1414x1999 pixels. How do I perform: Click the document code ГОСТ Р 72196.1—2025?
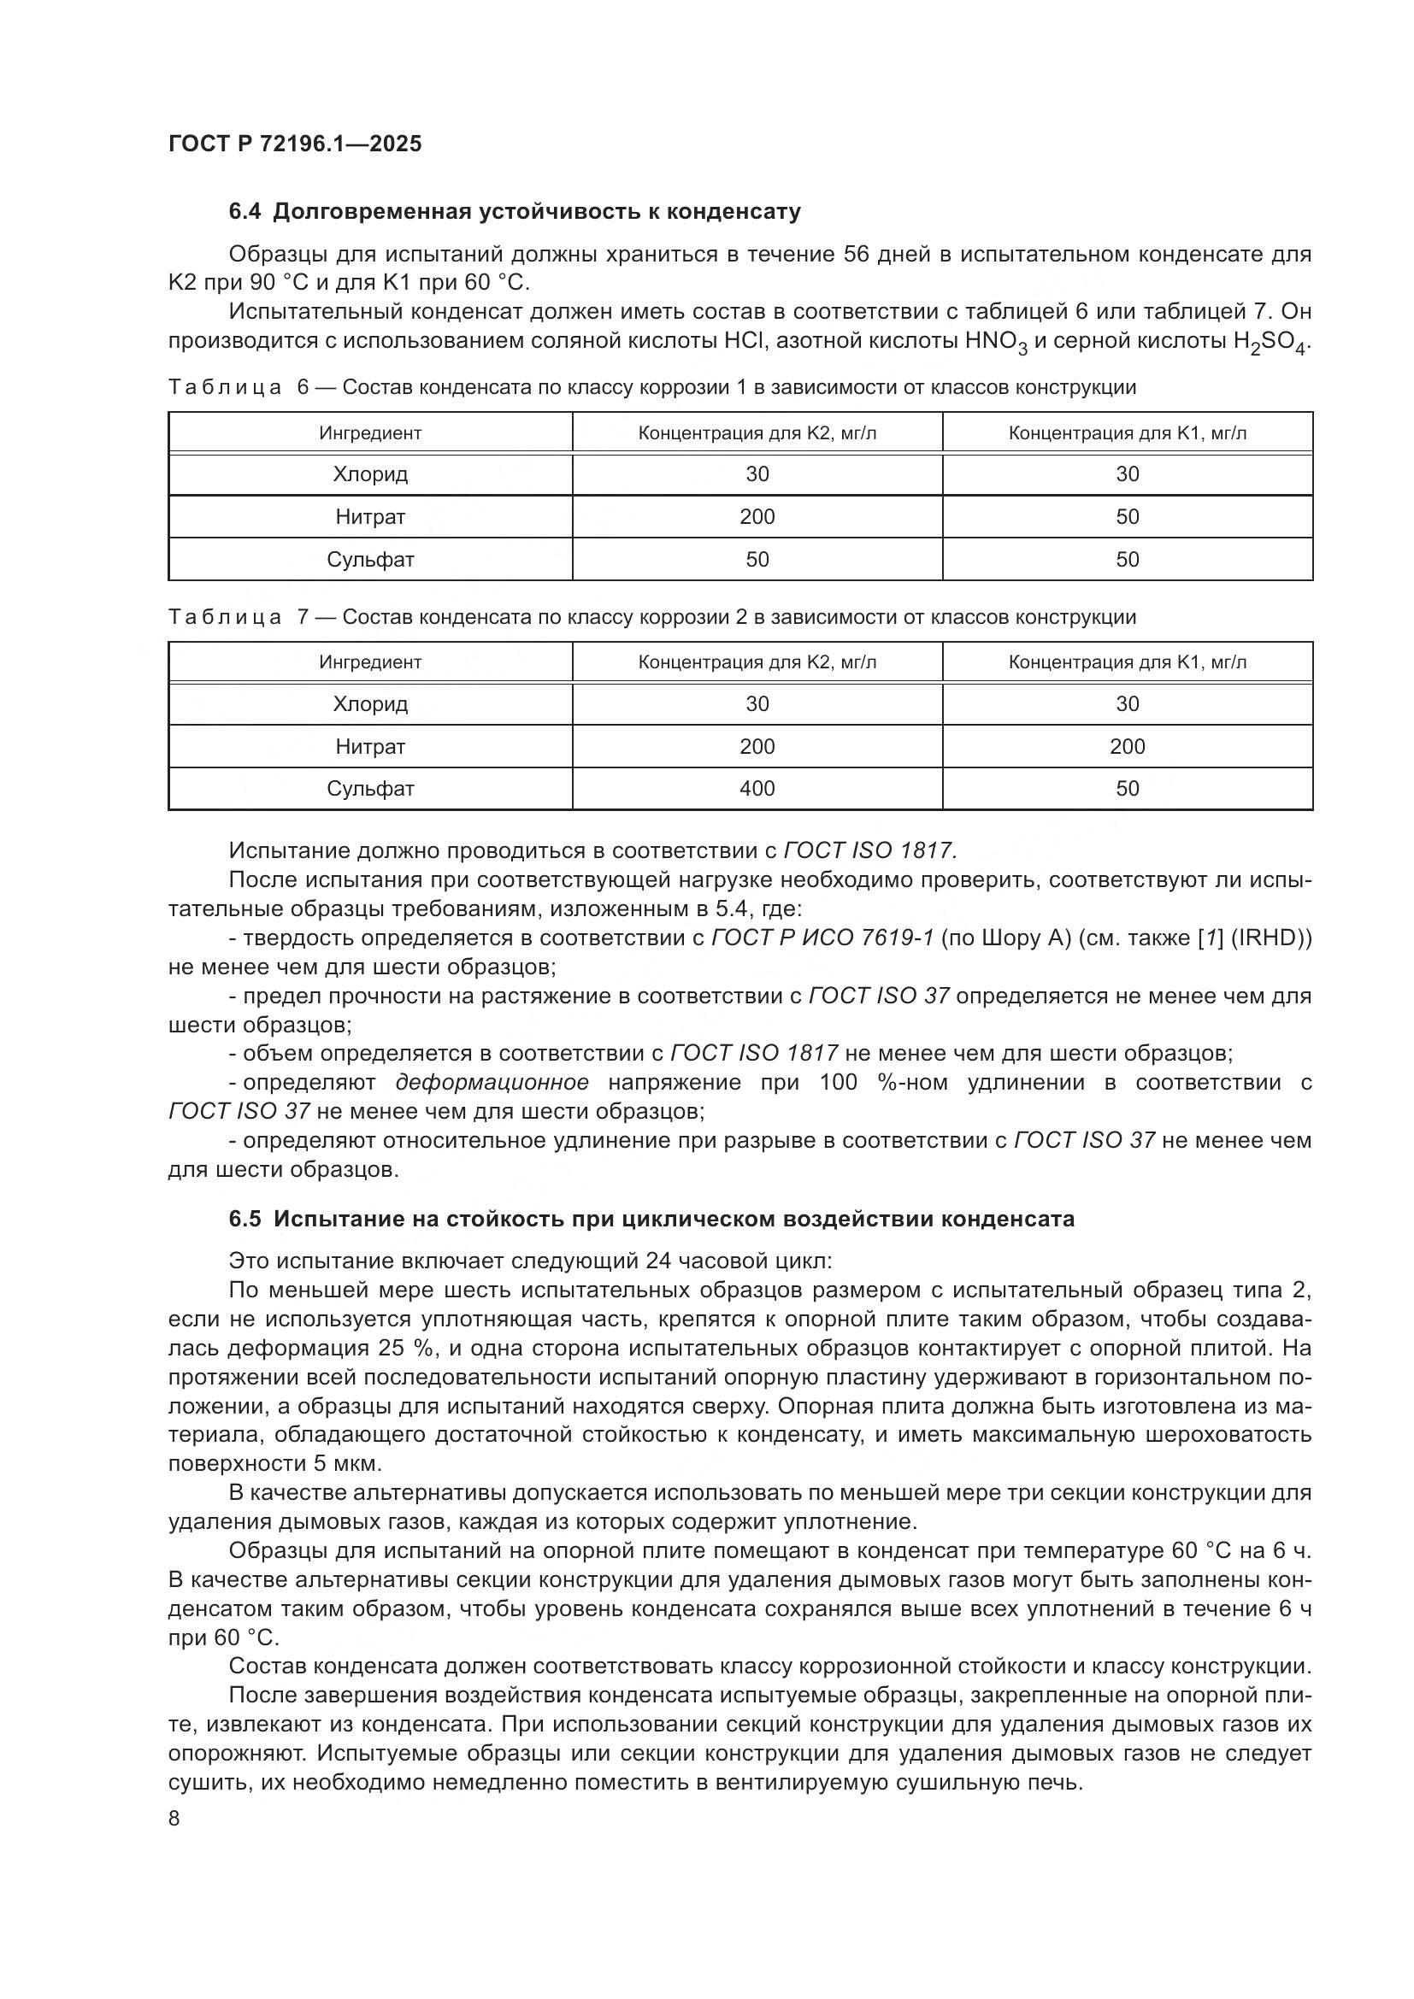tap(294, 144)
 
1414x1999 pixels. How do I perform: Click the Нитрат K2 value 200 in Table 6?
tap(757, 517)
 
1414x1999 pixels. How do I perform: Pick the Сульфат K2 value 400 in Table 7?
tap(757, 789)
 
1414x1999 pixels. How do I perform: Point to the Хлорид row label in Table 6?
tap(370, 474)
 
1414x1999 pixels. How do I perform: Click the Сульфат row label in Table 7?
tap(370, 789)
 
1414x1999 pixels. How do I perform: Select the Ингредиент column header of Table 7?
tap(370, 662)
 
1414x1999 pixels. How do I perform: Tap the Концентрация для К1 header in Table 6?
tap(1127, 433)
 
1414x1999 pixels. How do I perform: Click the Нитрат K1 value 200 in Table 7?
tap(1127, 747)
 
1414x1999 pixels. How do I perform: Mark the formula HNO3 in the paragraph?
tap(996, 341)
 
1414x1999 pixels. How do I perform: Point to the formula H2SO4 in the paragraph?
tap(1270, 341)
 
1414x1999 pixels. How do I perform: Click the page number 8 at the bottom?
tap(174, 1819)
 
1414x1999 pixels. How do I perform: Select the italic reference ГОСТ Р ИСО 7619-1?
tap(822, 938)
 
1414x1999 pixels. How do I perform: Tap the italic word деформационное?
tap(492, 1082)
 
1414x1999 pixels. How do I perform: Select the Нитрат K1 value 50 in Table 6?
tap(1127, 517)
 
